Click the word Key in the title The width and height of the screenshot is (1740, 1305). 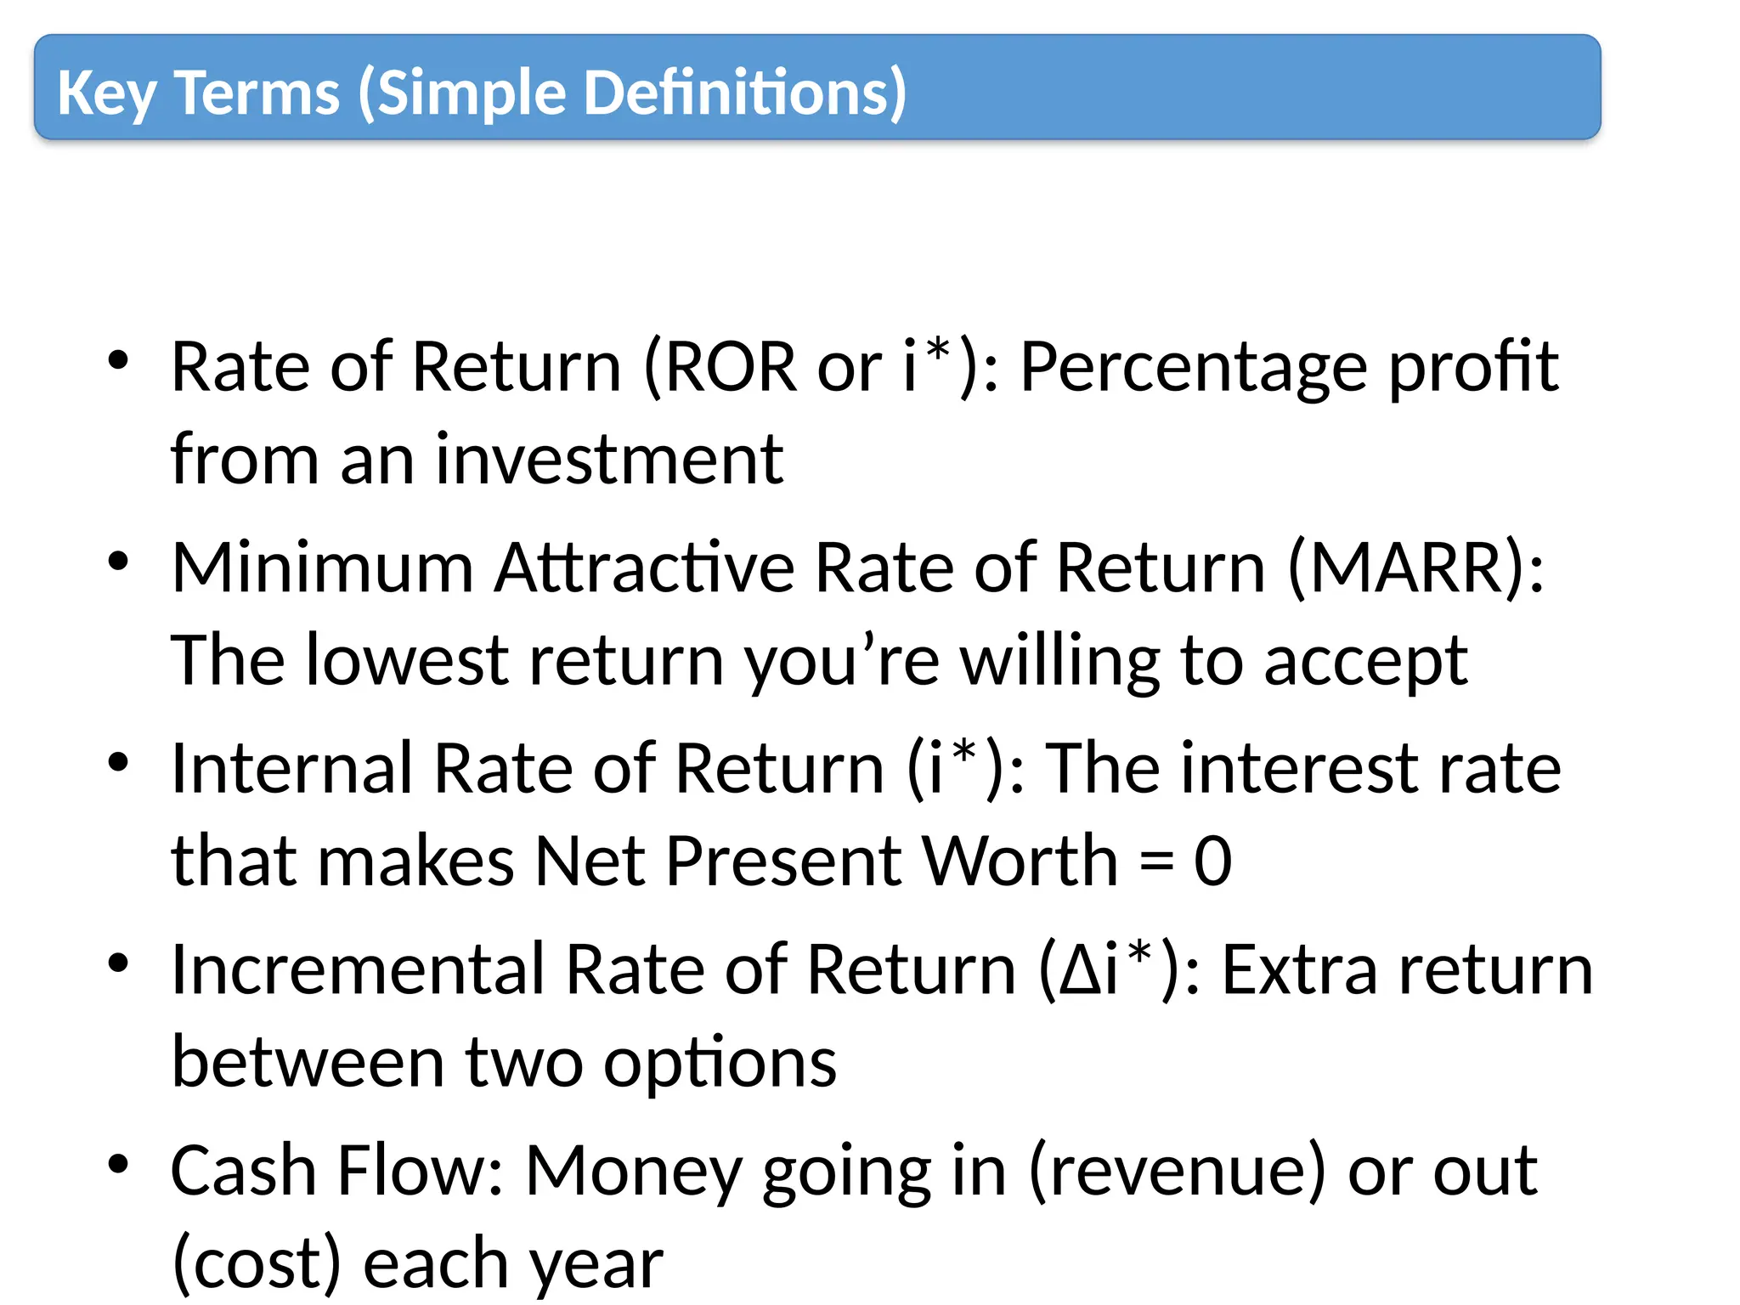(x=106, y=93)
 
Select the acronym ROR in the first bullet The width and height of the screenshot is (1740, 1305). (x=730, y=367)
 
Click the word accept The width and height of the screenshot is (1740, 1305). (x=1365, y=663)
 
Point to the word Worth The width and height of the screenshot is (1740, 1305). (x=1020, y=861)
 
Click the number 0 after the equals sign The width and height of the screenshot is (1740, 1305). (x=1212, y=862)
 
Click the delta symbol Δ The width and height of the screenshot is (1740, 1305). (x=1081, y=971)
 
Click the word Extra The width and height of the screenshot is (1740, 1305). (x=1300, y=969)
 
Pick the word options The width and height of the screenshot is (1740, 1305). (x=720, y=1064)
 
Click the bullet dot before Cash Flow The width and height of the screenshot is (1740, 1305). (x=118, y=1163)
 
